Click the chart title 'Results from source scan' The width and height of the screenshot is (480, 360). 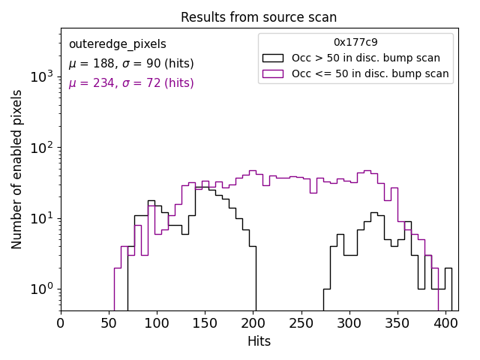tap(259, 17)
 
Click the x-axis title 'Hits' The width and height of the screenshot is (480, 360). tap(259, 341)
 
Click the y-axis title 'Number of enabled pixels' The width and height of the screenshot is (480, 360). tap(17, 169)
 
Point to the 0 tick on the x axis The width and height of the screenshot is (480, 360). tap(61, 323)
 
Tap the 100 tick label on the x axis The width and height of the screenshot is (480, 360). tap(157, 323)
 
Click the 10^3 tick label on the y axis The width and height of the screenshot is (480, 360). tap(40, 76)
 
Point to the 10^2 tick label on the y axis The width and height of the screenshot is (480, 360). tap(40, 148)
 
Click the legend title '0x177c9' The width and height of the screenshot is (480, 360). tap(355, 43)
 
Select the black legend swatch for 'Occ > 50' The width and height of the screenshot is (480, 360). tap(273, 58)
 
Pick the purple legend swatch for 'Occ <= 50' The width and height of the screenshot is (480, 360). tap(273, 73)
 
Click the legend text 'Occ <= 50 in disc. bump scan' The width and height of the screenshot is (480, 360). tap(370, 73)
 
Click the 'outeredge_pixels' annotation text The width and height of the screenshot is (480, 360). tap(117, 44)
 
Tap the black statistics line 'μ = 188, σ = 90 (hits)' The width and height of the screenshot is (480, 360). tap(131, 64)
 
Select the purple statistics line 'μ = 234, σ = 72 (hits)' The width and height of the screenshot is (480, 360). tap(131, 83)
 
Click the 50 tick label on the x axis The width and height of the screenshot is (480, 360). tap(109, 323)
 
